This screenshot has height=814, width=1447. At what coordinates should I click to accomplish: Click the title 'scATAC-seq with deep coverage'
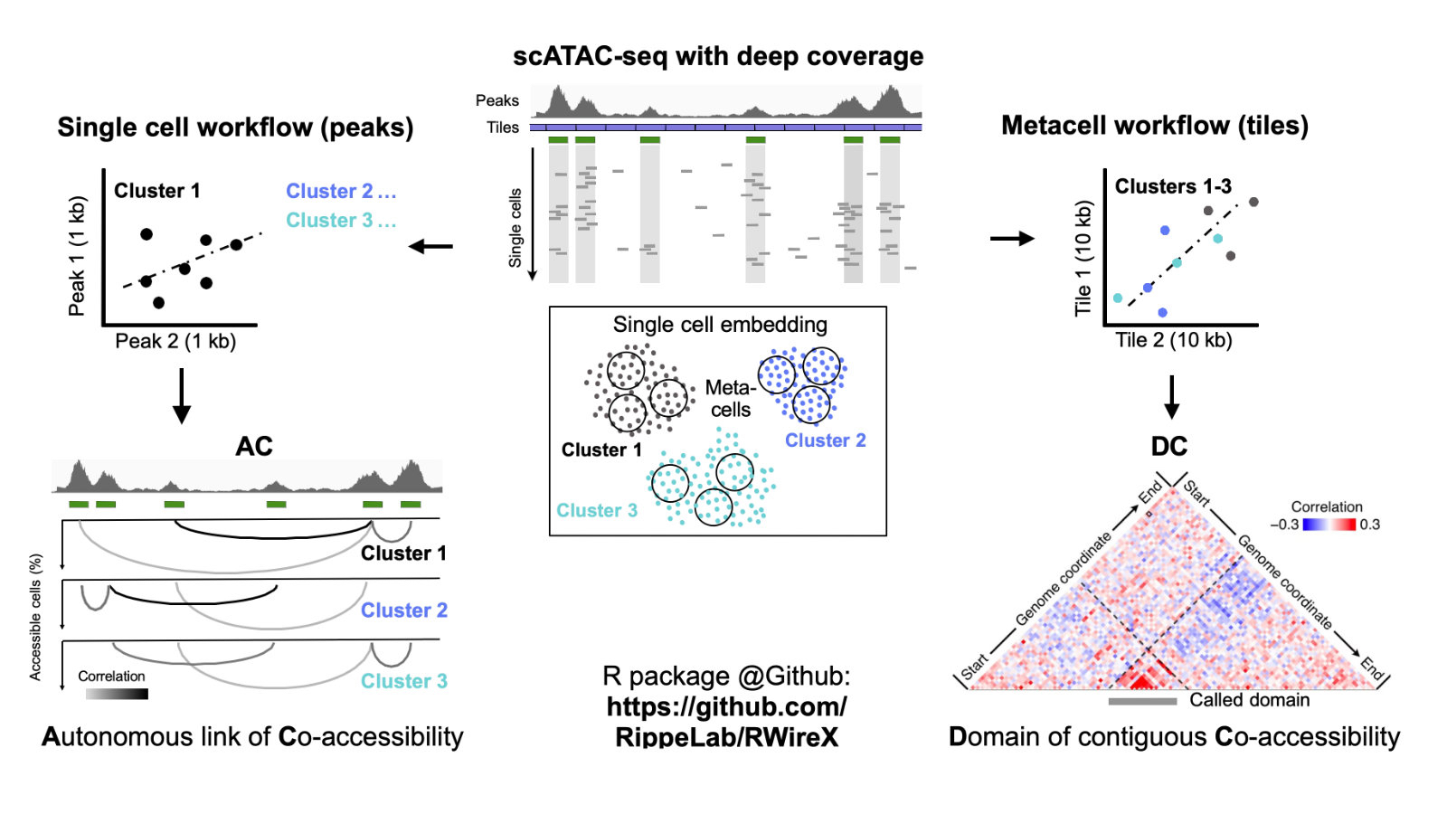click(718, 56)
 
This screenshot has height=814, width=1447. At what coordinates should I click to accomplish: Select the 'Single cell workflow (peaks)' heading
click(235, 127)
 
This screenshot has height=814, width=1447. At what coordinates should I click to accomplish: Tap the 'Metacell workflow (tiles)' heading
click(1154, 125)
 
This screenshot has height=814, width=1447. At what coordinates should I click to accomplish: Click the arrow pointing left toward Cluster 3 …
click(430, 246)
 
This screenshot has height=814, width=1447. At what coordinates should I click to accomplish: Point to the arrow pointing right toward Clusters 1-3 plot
click(1012, 239)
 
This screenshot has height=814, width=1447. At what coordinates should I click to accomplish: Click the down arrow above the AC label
click(182, 395)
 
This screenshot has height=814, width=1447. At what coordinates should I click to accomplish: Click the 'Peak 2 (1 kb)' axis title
click(175, 342)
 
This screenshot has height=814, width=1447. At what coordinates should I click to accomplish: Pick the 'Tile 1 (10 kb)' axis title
click(1083, 258)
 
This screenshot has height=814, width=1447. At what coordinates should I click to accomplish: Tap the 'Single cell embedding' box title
click(720, 325)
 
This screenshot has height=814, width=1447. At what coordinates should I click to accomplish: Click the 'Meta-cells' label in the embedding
click(730, 399)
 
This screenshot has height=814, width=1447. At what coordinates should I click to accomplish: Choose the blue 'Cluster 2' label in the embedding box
click(825, 440)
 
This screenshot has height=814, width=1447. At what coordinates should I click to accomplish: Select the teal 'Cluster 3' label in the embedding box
click(597, 510)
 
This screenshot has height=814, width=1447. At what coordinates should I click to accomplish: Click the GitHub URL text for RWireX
click(726, 722)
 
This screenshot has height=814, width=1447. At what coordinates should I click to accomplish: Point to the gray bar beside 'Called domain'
click(1142, 701)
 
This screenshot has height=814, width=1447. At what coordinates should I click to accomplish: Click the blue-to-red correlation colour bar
click(1329, 525)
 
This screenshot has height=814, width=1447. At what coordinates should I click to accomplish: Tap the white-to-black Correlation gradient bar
click(117, 694)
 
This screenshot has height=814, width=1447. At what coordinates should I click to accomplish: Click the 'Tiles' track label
click(503, 128)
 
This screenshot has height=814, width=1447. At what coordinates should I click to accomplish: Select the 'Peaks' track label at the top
click(497, 100)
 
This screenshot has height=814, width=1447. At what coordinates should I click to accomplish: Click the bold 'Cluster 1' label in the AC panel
click(403, 554)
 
